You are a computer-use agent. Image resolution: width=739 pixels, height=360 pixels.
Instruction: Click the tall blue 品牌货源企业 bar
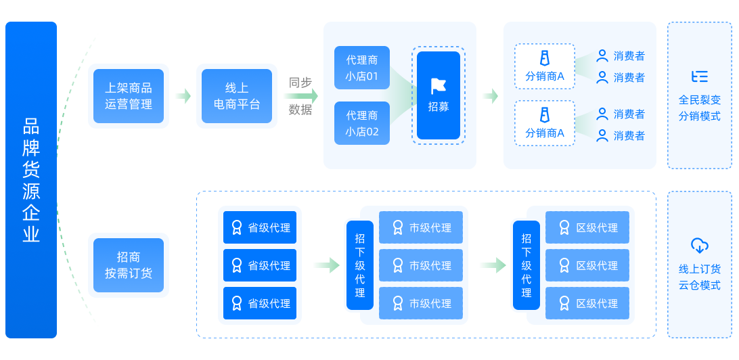[31, 180]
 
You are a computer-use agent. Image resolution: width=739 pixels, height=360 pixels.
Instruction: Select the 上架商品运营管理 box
[129, 96]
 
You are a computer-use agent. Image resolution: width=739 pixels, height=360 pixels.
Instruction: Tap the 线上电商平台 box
[237, 96]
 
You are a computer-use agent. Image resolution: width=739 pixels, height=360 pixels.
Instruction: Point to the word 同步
[300, 83]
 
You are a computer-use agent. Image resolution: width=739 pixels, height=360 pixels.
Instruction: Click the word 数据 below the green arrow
[300, 110]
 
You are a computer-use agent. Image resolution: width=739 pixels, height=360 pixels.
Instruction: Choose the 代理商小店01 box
[362, 68]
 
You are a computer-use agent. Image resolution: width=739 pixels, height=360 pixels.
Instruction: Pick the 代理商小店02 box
[362, 123]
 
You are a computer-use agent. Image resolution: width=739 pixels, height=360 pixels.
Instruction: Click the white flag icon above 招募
[439, 86]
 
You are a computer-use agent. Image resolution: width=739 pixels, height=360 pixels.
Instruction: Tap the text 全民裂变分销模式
[700, 108]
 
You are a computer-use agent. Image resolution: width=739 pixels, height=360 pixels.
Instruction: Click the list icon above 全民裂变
[700, 76]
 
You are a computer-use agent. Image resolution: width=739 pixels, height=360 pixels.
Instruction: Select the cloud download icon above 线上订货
[700, 245]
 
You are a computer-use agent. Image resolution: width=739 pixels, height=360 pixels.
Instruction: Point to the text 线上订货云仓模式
[700, 277]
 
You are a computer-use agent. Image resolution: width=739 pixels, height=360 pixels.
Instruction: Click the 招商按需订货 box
[129, 265]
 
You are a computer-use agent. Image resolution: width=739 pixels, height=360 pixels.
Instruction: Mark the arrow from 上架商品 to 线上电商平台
[183, 96]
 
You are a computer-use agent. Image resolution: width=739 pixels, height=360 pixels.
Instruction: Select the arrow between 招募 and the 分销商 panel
[491, 96]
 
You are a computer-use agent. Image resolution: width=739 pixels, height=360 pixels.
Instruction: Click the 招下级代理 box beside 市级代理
[360, 265]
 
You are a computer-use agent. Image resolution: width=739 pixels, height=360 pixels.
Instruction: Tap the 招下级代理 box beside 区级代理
[527, 265]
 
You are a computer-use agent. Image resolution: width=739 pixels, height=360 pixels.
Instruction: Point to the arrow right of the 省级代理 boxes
[327, 265]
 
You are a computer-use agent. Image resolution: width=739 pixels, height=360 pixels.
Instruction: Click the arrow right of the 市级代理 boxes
[493, 265]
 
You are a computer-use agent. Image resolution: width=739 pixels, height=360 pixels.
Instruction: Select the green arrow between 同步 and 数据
[300, 96]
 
